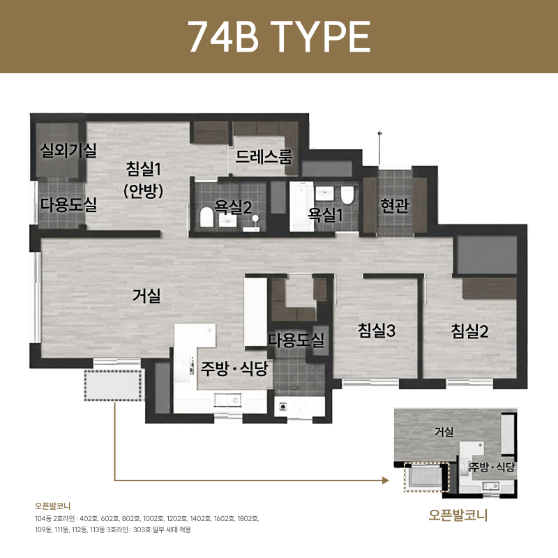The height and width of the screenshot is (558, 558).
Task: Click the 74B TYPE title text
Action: [279, 36]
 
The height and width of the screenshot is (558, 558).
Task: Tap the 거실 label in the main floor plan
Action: [146, 296]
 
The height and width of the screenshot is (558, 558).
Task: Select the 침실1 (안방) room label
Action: [144, 179]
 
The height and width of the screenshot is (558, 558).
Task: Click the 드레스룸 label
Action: [264, 156]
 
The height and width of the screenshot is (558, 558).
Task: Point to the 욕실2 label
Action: [232, 207]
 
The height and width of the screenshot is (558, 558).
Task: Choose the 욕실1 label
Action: [326, 214]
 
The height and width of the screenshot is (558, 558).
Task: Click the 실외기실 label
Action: [69, 149]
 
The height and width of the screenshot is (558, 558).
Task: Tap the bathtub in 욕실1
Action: [301, 206]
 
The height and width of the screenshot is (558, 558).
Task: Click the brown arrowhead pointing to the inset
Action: [384, 481]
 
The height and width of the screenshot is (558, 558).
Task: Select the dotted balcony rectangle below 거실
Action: [113, 384]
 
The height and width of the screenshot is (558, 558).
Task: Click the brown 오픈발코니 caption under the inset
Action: [458, 516]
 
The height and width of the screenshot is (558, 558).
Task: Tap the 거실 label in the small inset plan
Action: [444, 432]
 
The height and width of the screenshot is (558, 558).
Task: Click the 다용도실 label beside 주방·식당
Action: [296, 340]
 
